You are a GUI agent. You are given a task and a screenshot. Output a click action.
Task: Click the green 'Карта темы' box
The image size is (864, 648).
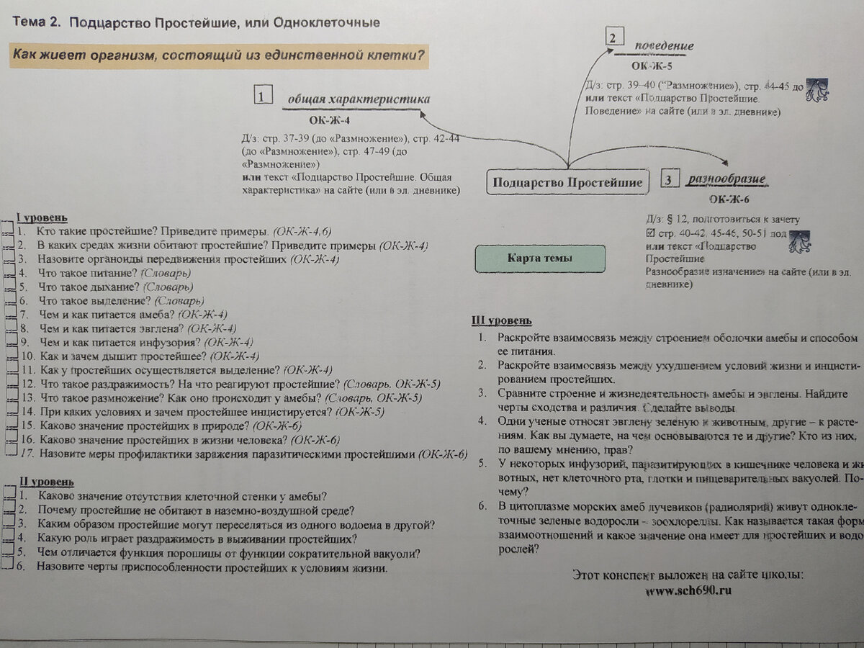click(539, 258)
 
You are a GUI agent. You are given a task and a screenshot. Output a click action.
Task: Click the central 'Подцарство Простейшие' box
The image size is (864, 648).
click(567, 182)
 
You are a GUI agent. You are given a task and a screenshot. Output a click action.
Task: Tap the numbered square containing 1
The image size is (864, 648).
click(263, 95)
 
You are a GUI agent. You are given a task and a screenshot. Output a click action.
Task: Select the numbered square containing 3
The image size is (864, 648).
click(670, 179)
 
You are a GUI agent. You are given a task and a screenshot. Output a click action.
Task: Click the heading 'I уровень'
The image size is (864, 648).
click(42, 218)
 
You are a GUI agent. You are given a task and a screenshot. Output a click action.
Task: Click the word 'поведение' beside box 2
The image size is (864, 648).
click(664, 47)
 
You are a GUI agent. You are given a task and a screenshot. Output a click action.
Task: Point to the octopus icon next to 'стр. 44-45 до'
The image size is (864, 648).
click(816, 90)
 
